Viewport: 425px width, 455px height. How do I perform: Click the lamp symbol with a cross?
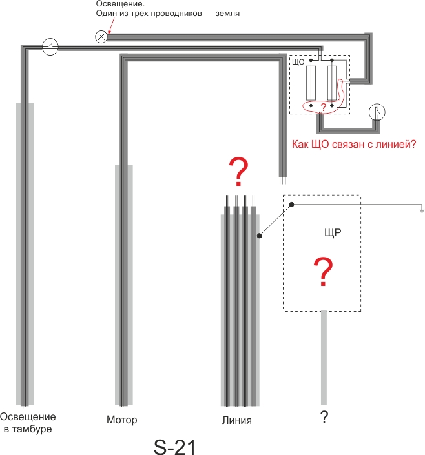101,37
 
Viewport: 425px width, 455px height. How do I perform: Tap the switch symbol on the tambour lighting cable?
50,46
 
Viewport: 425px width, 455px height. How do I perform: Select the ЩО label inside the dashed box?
298,62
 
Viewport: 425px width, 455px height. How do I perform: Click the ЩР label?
333,232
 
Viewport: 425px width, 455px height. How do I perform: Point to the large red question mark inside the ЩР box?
323,272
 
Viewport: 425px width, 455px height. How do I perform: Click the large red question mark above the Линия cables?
238,172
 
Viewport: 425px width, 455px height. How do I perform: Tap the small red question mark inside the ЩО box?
324,107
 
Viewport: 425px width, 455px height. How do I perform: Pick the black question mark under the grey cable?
324,417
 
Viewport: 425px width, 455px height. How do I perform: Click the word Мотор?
121,420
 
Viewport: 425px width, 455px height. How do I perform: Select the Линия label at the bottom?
237,420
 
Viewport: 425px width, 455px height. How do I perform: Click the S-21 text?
175,447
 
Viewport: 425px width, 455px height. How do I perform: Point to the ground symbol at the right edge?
422,211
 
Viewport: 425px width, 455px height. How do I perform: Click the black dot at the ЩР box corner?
291,205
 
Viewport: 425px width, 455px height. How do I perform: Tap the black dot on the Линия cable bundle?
260,236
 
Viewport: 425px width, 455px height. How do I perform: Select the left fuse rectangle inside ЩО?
311,83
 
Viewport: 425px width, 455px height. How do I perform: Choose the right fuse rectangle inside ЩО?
332,83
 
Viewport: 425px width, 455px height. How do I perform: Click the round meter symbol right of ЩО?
377,112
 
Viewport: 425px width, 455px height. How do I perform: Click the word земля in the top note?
227,14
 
